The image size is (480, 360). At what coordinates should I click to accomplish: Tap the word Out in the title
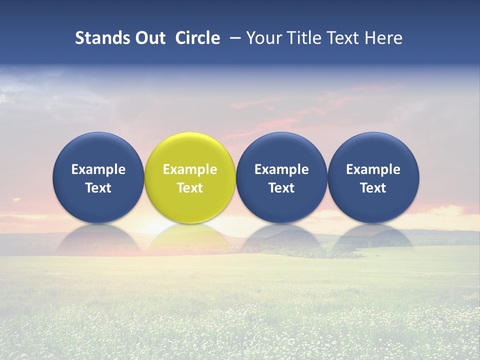coord(149,38)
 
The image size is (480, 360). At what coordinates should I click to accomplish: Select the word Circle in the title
coord(197,38)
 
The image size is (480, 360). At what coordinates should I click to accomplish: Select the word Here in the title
coord(384,38)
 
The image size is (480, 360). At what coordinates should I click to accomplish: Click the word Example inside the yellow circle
coord(190,170)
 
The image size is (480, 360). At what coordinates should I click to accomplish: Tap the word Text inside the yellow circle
coord(190,188)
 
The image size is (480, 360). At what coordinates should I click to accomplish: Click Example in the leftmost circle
coord(98,170)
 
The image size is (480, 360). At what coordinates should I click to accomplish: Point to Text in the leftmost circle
coord(98,188)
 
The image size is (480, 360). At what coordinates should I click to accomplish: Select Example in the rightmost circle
coord(373,170)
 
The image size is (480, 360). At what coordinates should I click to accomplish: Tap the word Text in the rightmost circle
coord(373,188)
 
